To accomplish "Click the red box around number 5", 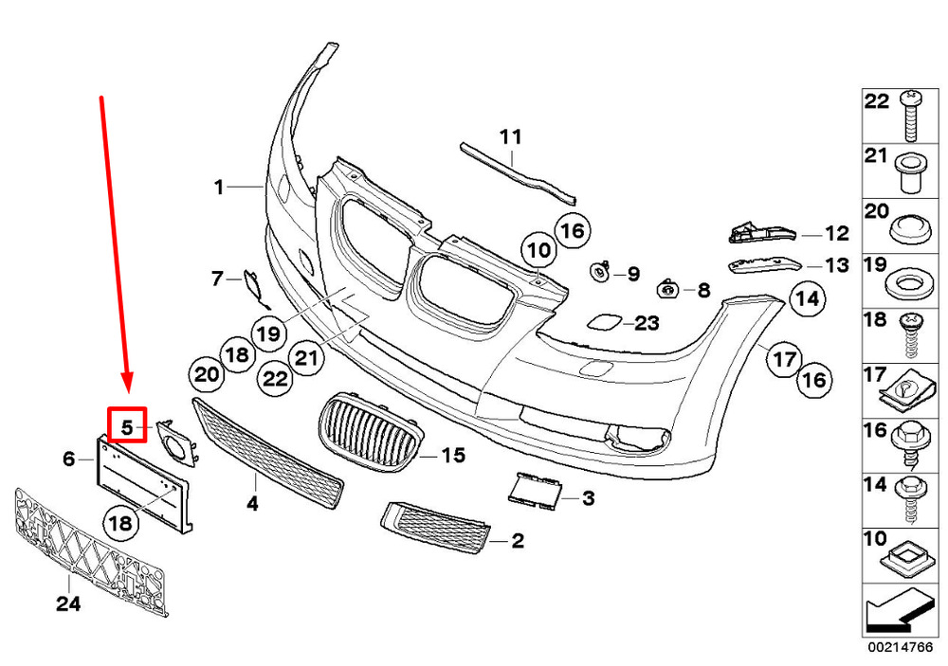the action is point(127,424).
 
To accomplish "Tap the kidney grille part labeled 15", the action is point(371,431).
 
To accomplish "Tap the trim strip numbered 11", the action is point(518,171).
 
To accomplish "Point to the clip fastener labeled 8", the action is point(666,290).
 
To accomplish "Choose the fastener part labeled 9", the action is point(600,272).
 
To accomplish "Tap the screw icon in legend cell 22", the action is point(911,116).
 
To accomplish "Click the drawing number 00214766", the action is point(901,647).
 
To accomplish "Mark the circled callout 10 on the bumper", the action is point(539,249).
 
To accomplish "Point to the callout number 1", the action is point(220,187).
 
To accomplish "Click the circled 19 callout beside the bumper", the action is point(269,333).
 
